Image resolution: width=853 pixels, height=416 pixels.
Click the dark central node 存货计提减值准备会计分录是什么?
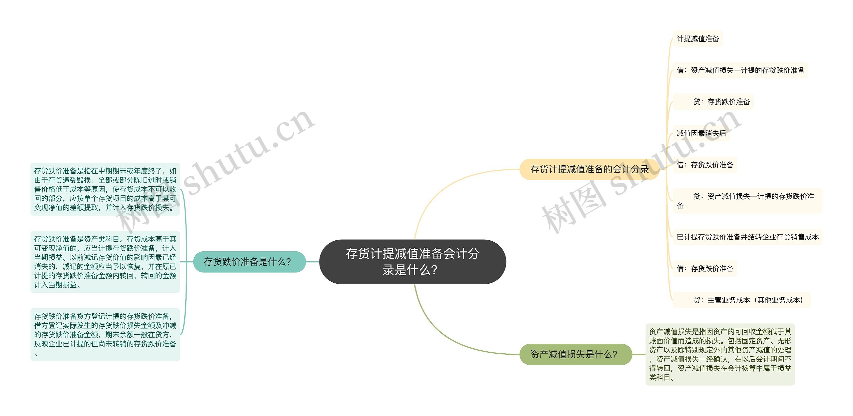click(x=413, y=262)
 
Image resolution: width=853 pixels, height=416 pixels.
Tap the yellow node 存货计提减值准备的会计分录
click(x=589, y=169)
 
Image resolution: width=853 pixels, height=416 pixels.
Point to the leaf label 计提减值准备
click(x=698, y=39)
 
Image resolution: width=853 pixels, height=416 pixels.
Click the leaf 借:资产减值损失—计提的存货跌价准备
click(x=740, y=70)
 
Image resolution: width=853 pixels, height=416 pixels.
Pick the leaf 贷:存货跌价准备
click(x=721, y=102)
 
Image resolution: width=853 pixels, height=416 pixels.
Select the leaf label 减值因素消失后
click(x=701, y=133)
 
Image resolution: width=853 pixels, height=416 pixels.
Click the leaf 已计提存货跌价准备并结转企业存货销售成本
click(x=747, y=237)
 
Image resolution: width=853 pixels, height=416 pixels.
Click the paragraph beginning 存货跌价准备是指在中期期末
click(x=105, y=189)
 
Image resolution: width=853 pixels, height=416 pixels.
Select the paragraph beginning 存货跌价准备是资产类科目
click(x=105, y=262)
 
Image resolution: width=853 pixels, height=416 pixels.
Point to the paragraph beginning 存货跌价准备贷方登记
click(x=105, y=334)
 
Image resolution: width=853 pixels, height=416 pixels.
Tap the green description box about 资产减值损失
click(x=720, y=354)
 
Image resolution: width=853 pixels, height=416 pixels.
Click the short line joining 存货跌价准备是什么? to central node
click(x=313, y=262)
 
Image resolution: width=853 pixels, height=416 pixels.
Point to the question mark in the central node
click(x=434, y=270)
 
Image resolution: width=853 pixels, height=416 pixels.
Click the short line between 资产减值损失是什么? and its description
click(x=639, y=354)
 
